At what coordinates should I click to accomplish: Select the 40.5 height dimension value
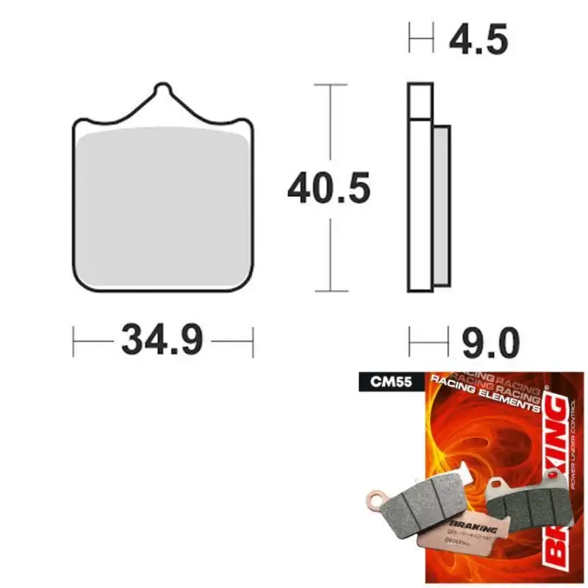(x=328, y=190)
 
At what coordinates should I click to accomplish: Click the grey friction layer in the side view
(x=441, y=206)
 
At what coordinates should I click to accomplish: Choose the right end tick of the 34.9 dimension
(x=252, y=342)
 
